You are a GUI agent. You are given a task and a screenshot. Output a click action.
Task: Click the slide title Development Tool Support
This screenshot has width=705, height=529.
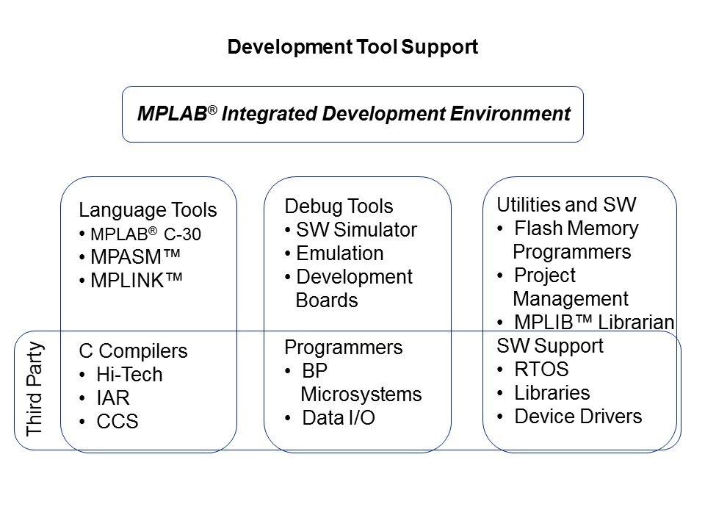(x=352, y=47)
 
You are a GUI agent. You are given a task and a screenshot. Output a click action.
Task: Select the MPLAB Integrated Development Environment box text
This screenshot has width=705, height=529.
(x=354, y=113)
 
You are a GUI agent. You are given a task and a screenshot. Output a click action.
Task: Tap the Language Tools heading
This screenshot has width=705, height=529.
(x=148, y=210)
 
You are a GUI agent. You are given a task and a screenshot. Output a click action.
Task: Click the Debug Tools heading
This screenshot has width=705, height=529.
(x=339, y=206)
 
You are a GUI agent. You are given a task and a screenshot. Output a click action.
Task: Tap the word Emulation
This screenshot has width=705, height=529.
(x=340, y=253)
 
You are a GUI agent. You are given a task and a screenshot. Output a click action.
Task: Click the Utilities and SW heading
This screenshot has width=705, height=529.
(x=566, y=205)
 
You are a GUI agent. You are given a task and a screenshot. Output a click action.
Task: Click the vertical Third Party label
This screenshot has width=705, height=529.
(x=35, y=389)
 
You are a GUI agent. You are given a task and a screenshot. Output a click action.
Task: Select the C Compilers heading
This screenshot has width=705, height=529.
(x=133, y=351)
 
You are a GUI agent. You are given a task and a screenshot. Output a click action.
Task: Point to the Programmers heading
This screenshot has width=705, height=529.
(x=344, y=348)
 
